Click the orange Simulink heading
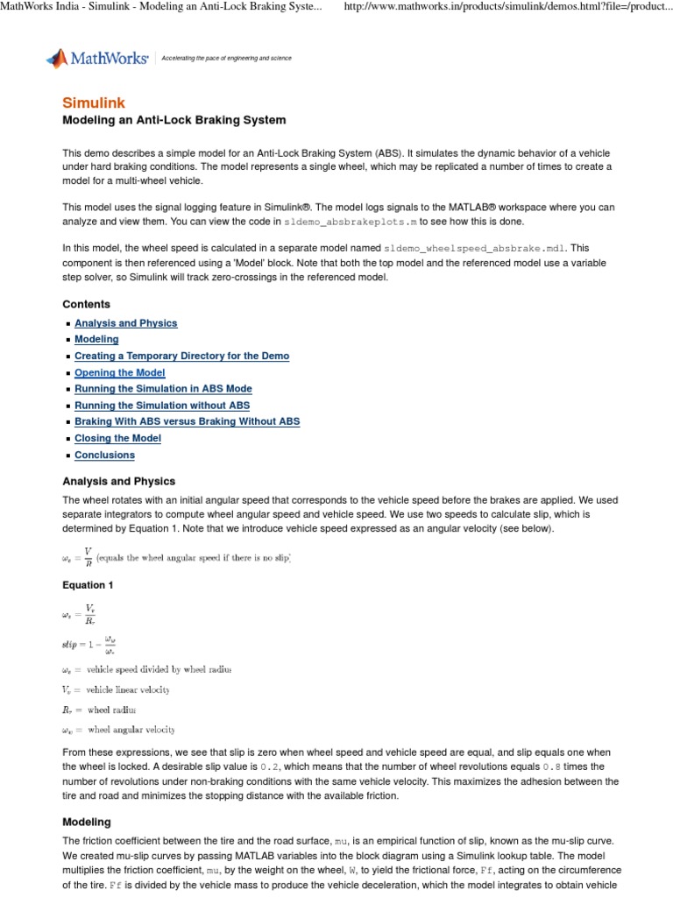(93, 102)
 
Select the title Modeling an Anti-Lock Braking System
(174, 120)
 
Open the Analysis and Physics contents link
(125, 323)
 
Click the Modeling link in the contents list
(96, 340)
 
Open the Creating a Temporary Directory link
(181, 357)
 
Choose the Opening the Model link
(119, 373)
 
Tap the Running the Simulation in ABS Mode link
(163, 389)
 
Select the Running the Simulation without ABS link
(162, 406)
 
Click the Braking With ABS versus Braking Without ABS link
(187, 422)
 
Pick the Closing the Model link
(117, 439)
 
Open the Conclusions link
(104, 456)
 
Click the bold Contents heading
(86, 305)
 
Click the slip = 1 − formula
(89, 644)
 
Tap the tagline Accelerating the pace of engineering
(226, 59)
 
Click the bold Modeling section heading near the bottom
(86, 823)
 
